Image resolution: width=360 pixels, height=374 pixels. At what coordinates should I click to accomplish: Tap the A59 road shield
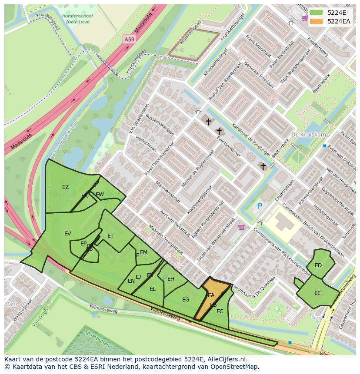129,39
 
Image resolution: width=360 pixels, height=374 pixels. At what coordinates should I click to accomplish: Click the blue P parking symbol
260,206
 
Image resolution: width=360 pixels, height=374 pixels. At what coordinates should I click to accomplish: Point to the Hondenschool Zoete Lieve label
77,19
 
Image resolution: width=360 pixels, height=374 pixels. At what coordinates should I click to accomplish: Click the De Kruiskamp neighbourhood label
310,135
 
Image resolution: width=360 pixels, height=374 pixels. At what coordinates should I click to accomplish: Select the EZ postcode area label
65,187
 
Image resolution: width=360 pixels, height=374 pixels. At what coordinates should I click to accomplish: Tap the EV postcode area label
67,234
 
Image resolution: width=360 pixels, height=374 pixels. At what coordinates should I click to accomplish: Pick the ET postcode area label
110,236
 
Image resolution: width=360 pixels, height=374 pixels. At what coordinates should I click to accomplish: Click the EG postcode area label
186,300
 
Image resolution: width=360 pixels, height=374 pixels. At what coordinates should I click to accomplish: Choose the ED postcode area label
318,265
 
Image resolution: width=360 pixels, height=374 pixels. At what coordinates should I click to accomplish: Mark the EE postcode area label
317,293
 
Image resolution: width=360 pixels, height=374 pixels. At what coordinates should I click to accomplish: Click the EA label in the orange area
211,295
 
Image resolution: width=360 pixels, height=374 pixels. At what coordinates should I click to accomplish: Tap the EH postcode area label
171,279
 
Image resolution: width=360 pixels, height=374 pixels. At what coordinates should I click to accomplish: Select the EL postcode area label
152,289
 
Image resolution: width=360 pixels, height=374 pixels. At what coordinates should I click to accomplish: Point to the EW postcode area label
100,194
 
